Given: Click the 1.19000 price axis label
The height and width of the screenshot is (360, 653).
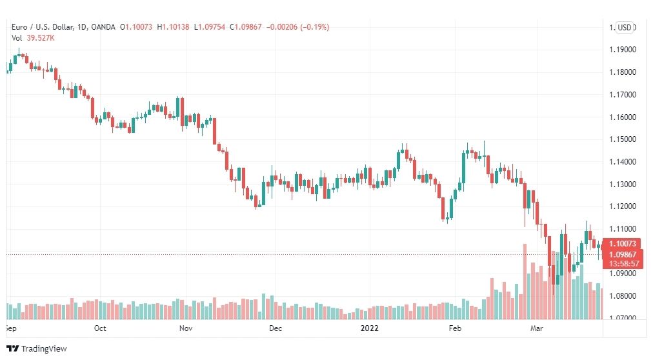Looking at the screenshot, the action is coord(623,50).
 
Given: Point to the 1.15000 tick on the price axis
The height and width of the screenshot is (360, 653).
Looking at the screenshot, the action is coord(623,139).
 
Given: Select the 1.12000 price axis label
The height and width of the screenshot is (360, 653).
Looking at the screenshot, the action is coord(623,206).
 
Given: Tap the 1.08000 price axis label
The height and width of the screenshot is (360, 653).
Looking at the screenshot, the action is coord(623,296).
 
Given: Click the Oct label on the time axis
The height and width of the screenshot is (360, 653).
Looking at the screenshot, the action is coord(100,328).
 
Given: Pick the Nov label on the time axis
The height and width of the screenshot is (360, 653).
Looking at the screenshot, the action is coord(186,328).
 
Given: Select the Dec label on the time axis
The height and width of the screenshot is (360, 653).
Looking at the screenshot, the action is coord(276,328).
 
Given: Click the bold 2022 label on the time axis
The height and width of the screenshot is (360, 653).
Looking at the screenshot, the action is coord(369,328).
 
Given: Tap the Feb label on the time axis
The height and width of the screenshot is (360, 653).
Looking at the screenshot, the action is coord(455,328).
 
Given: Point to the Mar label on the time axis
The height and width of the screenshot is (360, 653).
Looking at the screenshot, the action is coord(537,328).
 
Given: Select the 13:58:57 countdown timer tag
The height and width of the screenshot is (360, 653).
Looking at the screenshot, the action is coord(623,264).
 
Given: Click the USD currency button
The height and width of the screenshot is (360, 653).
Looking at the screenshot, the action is coord(624,28).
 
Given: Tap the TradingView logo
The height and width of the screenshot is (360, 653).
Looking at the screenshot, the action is coord(37,349).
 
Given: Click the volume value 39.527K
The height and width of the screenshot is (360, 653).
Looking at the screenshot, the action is coord(41,38).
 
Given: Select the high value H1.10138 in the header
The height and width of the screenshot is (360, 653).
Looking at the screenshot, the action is coord(173,27).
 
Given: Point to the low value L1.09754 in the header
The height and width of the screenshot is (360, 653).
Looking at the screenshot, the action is coord(210,27).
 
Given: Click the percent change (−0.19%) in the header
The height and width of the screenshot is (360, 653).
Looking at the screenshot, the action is coord(315,27).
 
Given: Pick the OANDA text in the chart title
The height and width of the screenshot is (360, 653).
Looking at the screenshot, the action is coord(103,27).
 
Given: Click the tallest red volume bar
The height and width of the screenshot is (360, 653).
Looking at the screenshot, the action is coord(525,281).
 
